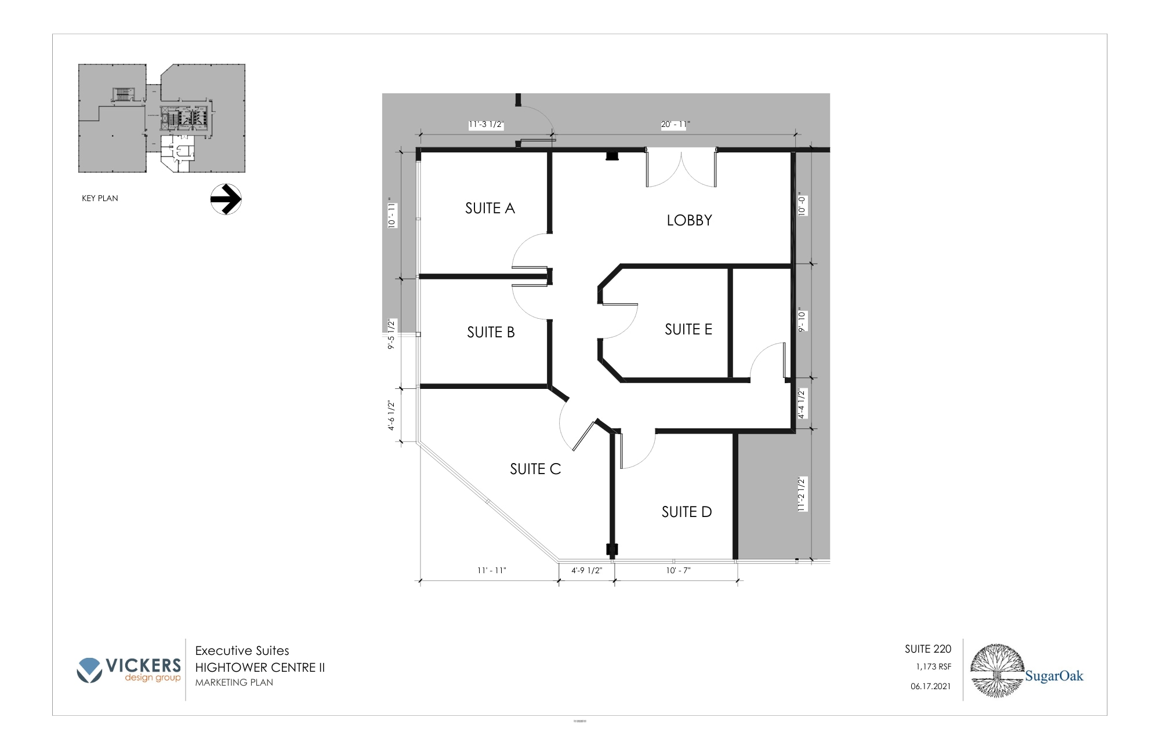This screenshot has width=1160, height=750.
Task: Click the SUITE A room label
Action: tap(490, 208)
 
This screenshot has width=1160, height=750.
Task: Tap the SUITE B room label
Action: tap(491, 332)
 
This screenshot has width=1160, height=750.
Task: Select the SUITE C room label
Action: tap(535, 469)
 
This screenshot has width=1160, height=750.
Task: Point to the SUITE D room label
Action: tap(686, 512)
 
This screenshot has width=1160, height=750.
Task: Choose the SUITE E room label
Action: tap(688, 329)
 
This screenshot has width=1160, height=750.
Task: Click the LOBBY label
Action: tap(689, 220)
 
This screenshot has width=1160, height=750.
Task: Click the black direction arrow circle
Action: tap(226, 199)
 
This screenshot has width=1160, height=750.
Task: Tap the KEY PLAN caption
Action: tap(100, 198)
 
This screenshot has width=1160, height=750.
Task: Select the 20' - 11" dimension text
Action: tap(675, 125)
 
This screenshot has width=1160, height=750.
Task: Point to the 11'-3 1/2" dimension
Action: tap(486, 125)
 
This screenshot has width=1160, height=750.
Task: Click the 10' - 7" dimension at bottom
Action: tap(678, 570)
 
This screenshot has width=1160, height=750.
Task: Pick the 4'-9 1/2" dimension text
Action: tap(586, 570)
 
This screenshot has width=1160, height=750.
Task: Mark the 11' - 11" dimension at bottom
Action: tap(491, 570)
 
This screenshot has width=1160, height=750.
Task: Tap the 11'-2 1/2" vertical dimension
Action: tap(802, 494)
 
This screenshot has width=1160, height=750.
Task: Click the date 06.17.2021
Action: tap(930, 686)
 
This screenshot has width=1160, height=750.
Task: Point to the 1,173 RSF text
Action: tap(933, 667)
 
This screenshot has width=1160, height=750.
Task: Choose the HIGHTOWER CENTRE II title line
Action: tap(260, 667)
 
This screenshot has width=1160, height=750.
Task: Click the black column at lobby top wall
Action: tap(611, 155)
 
